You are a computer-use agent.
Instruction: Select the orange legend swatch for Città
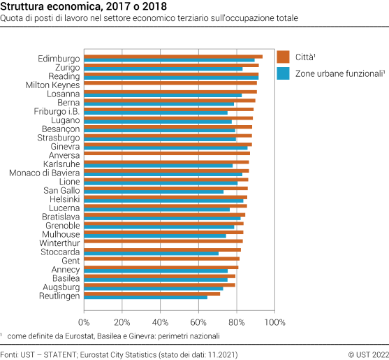point(283,57)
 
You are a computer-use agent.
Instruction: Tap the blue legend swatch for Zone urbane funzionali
point(283,73)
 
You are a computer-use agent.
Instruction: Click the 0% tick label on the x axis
point(84,322)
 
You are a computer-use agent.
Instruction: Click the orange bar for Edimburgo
point(173,57)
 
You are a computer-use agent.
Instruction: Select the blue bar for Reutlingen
point(145,298)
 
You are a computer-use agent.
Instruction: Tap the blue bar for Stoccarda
point(151,253)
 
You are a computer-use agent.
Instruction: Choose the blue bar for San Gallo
point(154,191)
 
